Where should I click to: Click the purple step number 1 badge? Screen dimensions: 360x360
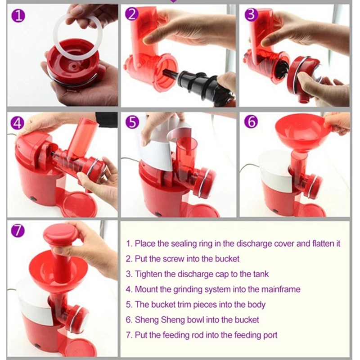(x=18, y=16)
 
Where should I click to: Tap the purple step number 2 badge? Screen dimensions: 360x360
(x=132, y=14)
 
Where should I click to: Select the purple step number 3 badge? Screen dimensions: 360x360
(x=251, y=14)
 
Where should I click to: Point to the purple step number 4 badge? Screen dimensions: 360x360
(x=18, y=123)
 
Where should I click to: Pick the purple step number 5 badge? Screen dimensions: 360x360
(x=132, y=121)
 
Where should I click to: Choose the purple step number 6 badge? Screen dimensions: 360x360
(x=251, y=121)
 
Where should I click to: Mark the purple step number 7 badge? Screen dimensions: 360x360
(x=18, y=230)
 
